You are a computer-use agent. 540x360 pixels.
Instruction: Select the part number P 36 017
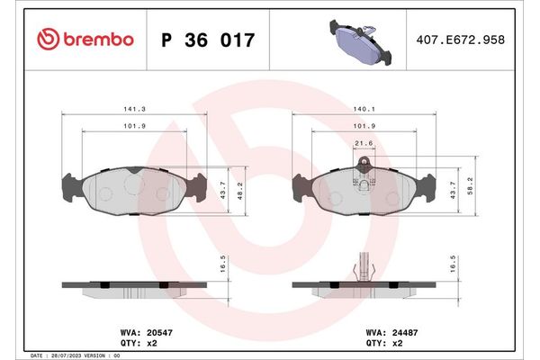207,40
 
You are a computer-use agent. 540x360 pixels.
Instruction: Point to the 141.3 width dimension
134,107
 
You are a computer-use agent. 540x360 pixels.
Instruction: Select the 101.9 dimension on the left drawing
134,126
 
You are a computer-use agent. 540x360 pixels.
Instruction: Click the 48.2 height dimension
238,191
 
